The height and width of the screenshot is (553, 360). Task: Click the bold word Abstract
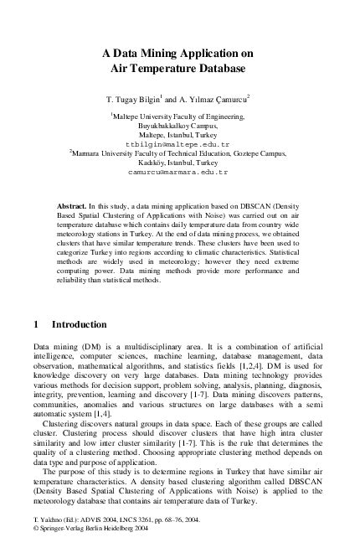click(70, 204)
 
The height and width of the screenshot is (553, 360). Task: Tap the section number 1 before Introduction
click(35, 324)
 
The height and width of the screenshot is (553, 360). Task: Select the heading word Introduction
click(79, 324)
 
